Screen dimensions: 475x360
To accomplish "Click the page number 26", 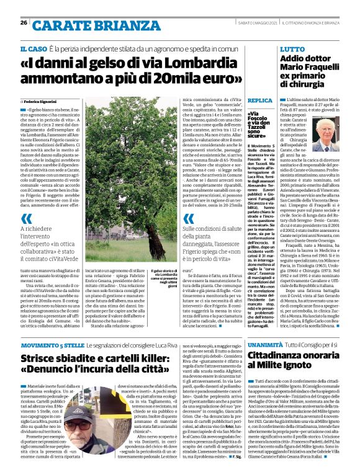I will click(23, 23).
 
